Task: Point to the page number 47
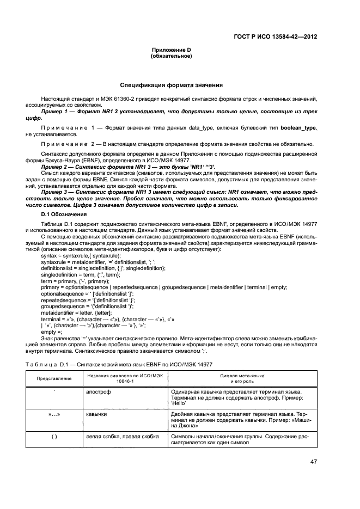coord(314,462)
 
